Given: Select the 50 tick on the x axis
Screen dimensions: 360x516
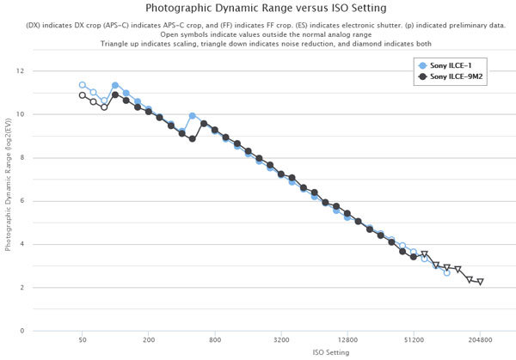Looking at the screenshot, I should pos(82,340).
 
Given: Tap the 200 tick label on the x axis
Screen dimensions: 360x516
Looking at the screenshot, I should pos(148,340).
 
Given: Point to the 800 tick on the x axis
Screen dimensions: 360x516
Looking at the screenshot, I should pos(214,340).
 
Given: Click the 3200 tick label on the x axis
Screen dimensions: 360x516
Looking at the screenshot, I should pos(280,340).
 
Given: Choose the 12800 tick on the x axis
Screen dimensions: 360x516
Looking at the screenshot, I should pos(347,340).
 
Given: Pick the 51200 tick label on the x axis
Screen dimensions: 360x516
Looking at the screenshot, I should pos(414,340).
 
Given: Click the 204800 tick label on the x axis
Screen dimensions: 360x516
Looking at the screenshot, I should pos(480,340).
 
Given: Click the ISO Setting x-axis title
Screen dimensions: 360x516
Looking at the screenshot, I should pos(284,351).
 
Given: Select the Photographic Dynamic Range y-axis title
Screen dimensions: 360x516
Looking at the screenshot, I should pos(8,199).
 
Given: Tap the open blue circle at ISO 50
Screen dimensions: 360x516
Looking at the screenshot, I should pos(82,85).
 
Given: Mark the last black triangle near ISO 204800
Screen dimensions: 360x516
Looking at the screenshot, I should pos(480,282).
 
